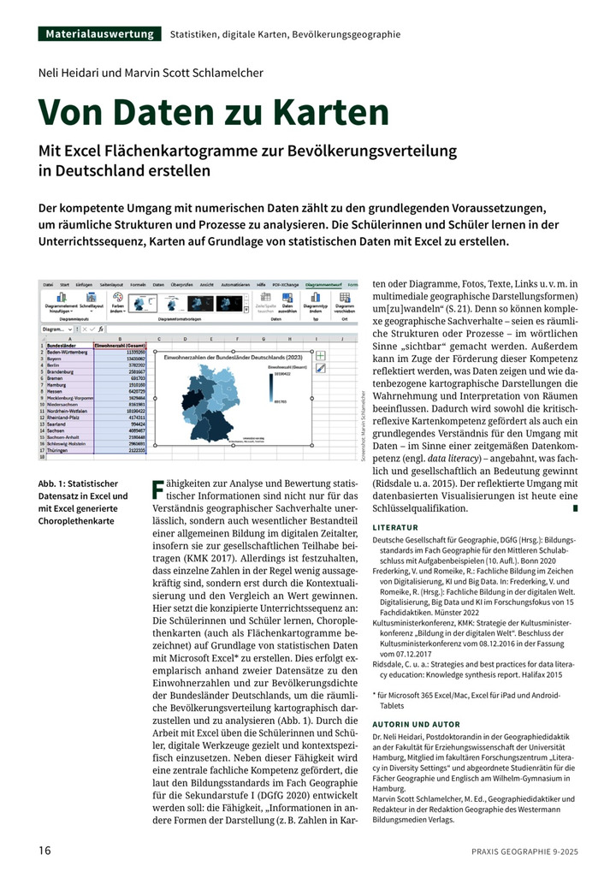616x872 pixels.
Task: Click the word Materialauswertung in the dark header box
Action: click(100, 34)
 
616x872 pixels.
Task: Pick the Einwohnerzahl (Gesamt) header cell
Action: click(113, 345)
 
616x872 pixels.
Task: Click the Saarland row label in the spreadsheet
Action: click(59, 424)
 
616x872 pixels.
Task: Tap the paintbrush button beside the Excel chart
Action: click(321, 367)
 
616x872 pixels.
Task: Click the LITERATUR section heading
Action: click(395, 527)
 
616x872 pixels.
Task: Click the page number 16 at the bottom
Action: click(45, 851)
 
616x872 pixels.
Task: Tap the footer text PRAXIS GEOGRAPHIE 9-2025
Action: click(525, 851)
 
